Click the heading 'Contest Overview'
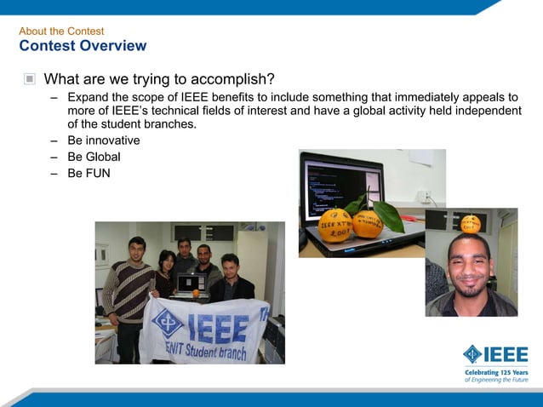point(83,46)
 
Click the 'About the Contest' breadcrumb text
point(61,32)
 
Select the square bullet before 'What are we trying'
point(30,79)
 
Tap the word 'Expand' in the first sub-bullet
point(89,97)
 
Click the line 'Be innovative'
point(104,140)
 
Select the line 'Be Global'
point(94,157)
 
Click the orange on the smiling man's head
point(471,223)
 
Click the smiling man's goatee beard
point(469,289)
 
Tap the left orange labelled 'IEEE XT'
point(334,226)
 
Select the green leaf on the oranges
point(390,215)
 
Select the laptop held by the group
point(190,284)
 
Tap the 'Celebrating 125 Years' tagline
point(496,372)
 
